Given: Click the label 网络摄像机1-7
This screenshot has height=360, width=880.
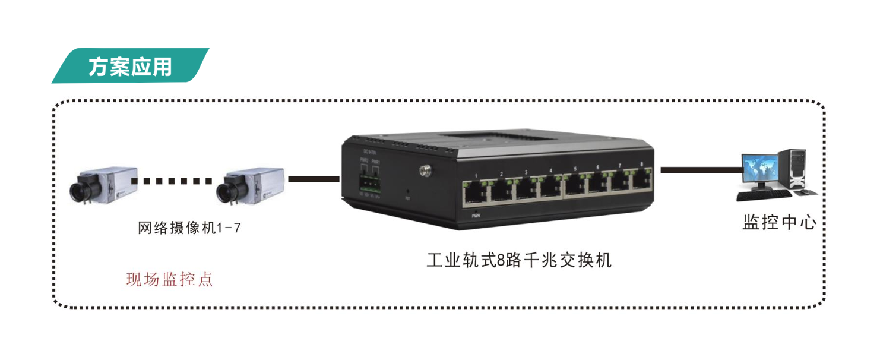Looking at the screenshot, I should pos(189,228).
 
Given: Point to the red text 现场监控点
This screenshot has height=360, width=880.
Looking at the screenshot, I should pos(169,279).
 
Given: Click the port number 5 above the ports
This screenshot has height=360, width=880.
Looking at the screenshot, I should pos(575,169).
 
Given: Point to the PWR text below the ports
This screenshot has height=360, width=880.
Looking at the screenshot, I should pos(476,216).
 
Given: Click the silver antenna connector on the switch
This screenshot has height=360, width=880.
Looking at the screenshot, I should pos(424,170).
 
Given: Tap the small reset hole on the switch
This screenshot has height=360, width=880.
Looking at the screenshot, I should pos(407,192).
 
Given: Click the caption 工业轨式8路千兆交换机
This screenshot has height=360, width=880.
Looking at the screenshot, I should pos(518,261).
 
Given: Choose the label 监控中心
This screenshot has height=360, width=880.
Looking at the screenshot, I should pos(779,223).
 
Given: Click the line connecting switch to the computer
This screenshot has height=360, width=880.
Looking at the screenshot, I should pos(701,170).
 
